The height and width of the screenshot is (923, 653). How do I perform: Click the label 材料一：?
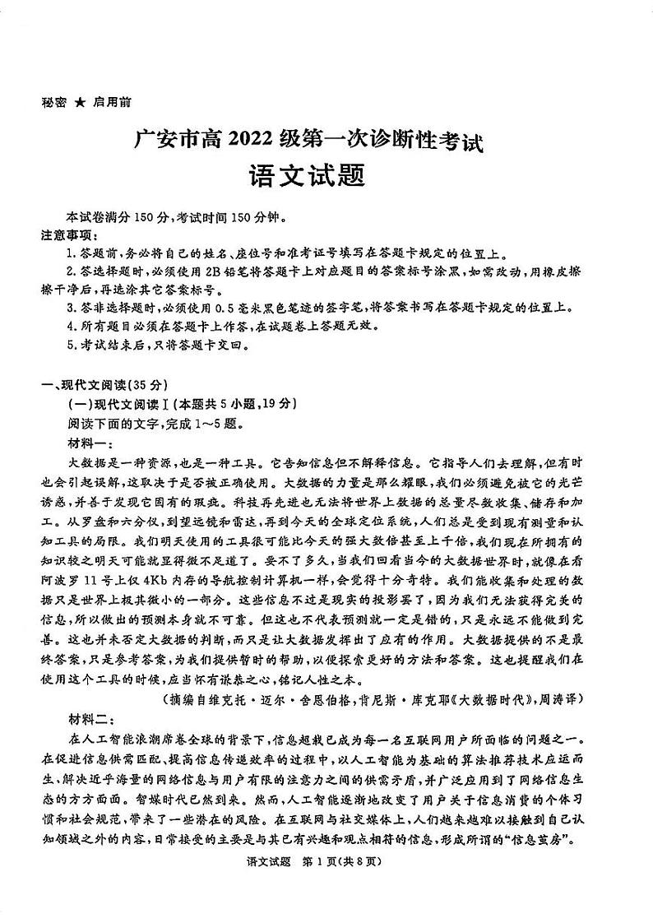pyautogui.click(x=90, y=443)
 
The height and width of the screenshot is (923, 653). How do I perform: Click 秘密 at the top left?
pyautogui.click(x=53, y=103)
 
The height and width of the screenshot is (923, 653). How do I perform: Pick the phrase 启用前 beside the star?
pyautogui.click(x=112, y=103)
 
